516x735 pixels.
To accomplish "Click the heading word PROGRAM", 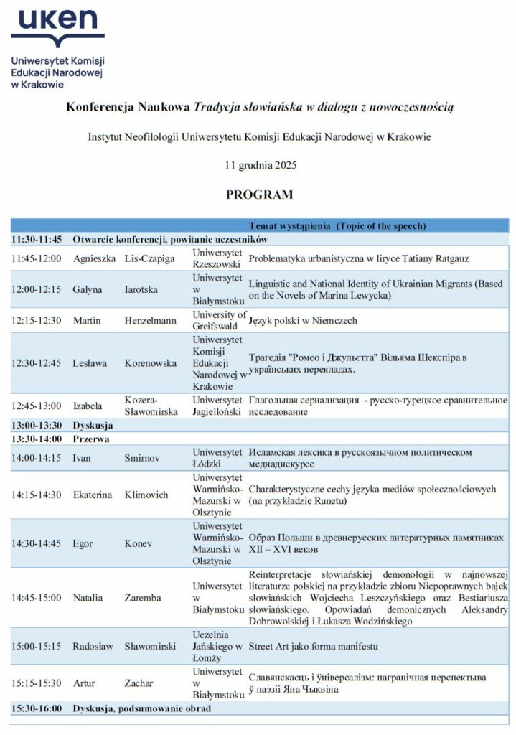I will click(x=260, y=195).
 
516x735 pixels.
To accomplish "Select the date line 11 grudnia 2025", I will click(x=260, y=165).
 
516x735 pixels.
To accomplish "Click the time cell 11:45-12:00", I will click(x=36, y=258).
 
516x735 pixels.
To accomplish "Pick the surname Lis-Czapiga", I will click(x=149, y=258).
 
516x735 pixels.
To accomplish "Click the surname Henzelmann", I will click(x=151, y=321).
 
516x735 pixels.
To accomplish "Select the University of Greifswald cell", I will click(x=215, y=321).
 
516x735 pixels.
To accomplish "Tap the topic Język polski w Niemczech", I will click(x=302, y=321).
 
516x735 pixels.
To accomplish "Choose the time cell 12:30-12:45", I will click(x=36, y=362).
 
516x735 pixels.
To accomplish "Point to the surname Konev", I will click(x=137, y=543).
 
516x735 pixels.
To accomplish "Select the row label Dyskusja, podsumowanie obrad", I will click(x=142, y=708).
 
